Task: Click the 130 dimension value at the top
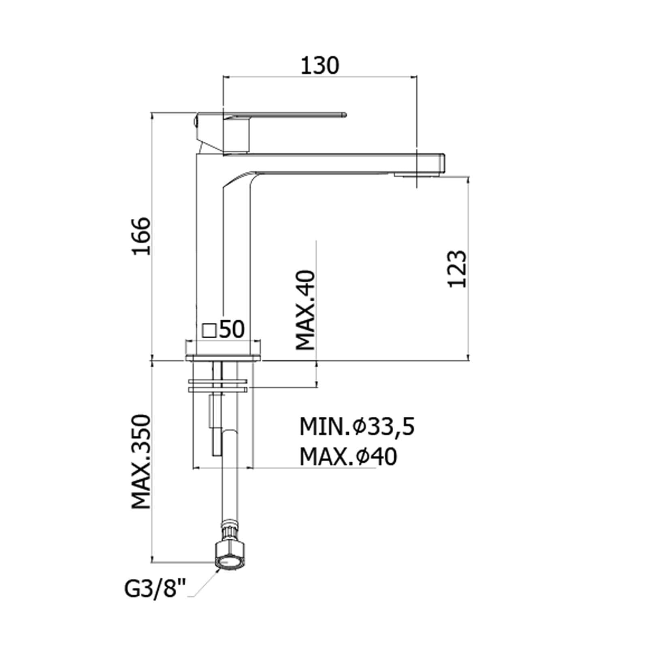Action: coord(320,66)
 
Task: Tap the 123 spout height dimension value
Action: coord(458,269)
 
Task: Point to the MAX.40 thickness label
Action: coord(306,310)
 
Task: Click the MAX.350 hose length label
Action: coord(141,461)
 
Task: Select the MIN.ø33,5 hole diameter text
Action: coord(357,426)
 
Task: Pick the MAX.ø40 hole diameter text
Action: coord(348,457)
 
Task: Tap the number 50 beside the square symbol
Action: coord(232,329)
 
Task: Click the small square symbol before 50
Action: coord(209,330)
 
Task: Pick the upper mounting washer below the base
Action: coord(218,381)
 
